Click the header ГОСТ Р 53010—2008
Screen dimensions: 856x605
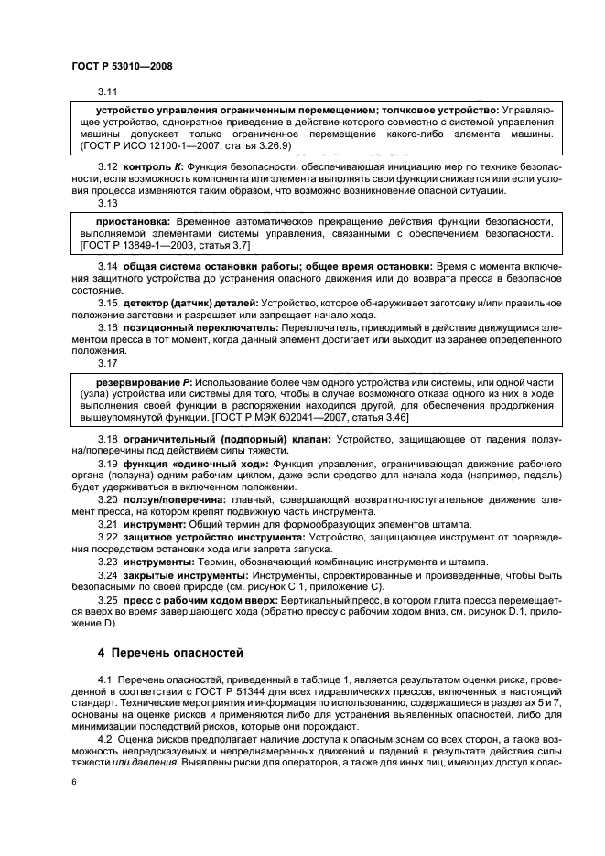121,67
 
